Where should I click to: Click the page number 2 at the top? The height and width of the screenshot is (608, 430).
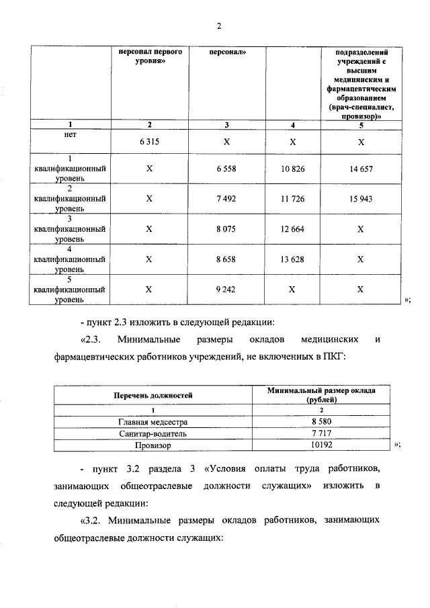click(218, 26)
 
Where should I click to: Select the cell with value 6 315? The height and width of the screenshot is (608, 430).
click(149, 142)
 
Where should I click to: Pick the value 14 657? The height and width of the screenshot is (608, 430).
click(361, 168)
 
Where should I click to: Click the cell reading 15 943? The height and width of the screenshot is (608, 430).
click(361, 199)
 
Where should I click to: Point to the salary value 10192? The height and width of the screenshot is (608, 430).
click(321, 445)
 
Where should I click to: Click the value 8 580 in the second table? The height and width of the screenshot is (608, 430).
click(321, 422)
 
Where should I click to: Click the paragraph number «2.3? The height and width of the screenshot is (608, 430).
click(91, 339)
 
